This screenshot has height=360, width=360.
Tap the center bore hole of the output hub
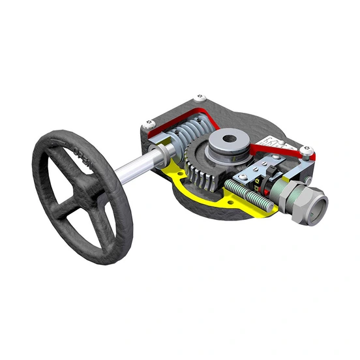228,139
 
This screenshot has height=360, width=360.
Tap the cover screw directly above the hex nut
307,155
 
